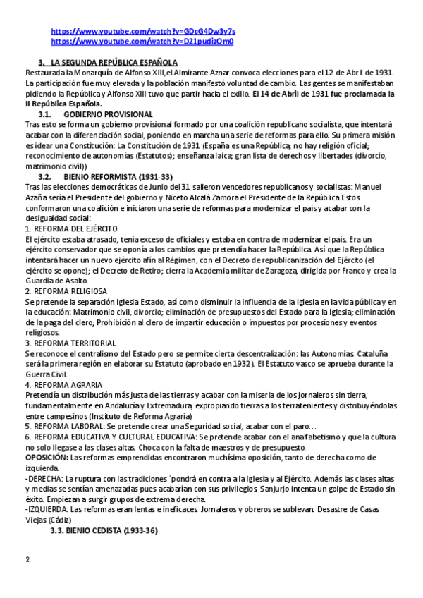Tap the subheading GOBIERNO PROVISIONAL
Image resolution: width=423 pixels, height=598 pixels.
108,114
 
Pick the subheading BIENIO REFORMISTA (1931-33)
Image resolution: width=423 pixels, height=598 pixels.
118,176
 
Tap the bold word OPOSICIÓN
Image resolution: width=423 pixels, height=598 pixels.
46,458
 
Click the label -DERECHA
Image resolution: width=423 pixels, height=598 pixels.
43,478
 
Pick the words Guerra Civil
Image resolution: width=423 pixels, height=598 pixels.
46,374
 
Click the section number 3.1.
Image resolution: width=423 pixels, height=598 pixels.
45,114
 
